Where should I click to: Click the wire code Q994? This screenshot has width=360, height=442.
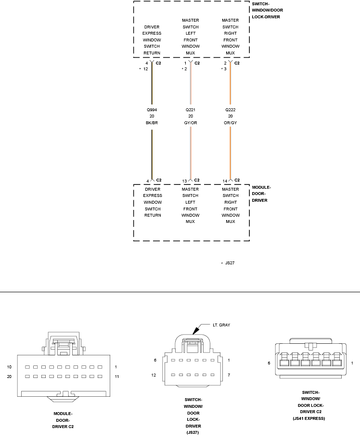152,110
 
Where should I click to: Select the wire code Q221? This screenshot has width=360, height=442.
191,110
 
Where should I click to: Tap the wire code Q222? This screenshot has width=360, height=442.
231,110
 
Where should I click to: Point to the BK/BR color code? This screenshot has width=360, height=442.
152,123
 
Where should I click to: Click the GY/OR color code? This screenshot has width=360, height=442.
191,123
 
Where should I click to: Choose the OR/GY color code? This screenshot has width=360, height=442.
231,123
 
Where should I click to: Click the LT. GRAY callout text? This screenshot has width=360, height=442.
221,325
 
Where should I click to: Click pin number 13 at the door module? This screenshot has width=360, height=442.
184,181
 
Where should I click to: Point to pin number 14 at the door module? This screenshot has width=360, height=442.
224,181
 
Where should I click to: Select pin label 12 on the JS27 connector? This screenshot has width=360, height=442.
154,375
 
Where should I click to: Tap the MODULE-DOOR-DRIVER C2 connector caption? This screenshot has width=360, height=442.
64,420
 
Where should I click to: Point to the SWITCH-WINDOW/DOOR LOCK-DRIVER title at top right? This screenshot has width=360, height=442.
266,10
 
